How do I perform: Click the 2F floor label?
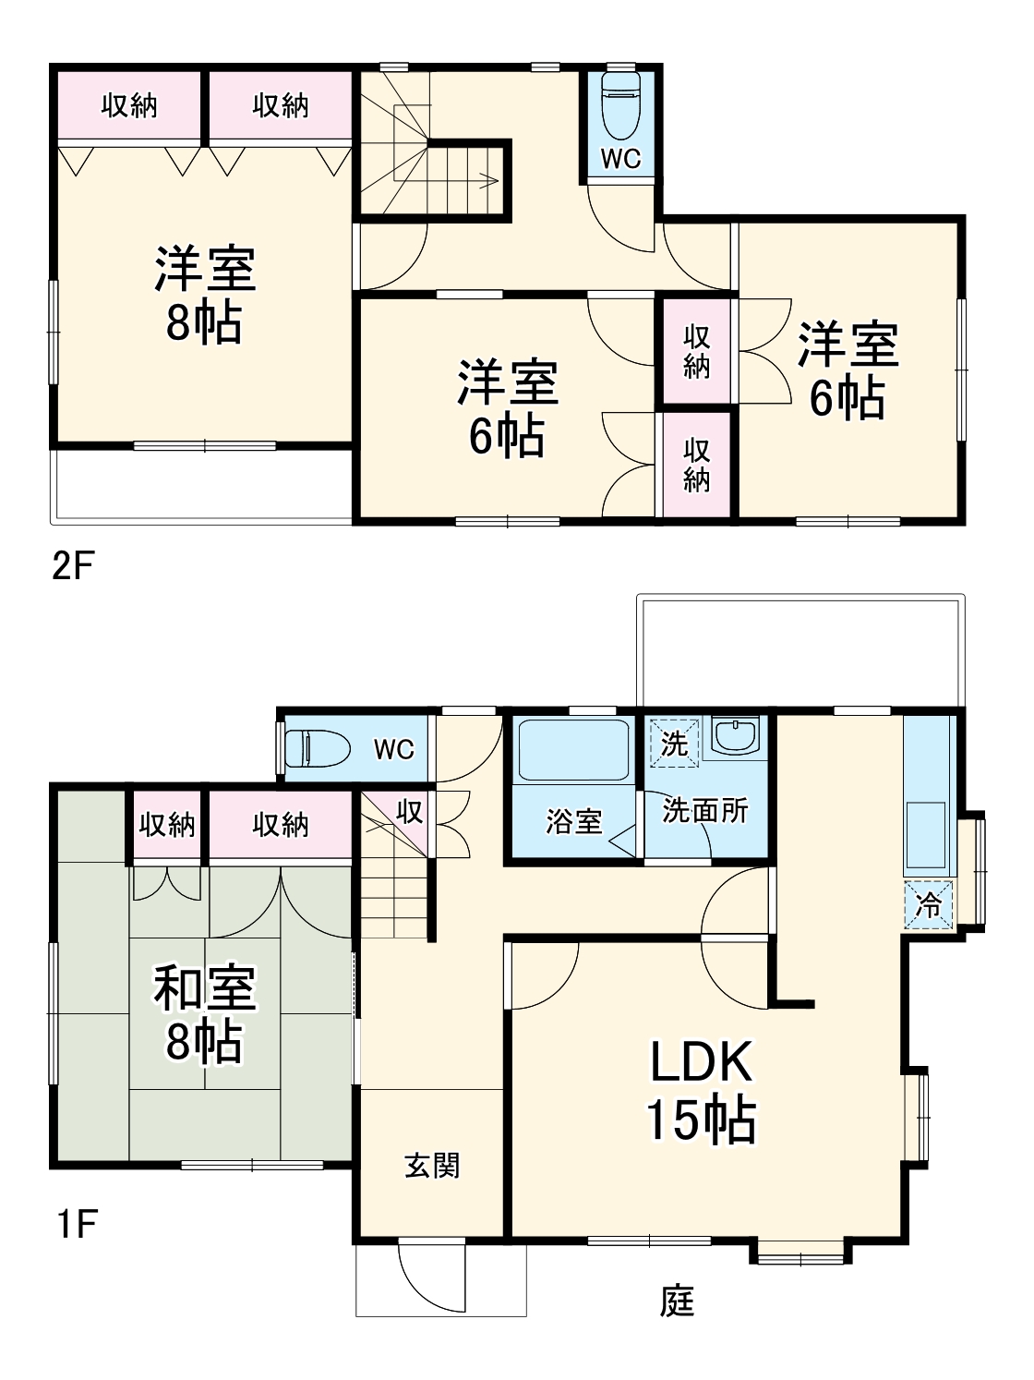73,565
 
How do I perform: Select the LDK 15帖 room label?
701,1090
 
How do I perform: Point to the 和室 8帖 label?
204,1013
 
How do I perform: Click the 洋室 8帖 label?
204,294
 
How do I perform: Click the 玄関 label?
432,1166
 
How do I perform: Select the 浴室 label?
573,820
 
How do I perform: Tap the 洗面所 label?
705,810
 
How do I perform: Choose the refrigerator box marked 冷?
928,905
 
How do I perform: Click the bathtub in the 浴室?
573,750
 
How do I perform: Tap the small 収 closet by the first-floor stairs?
409,812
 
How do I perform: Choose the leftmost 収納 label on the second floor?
129,105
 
